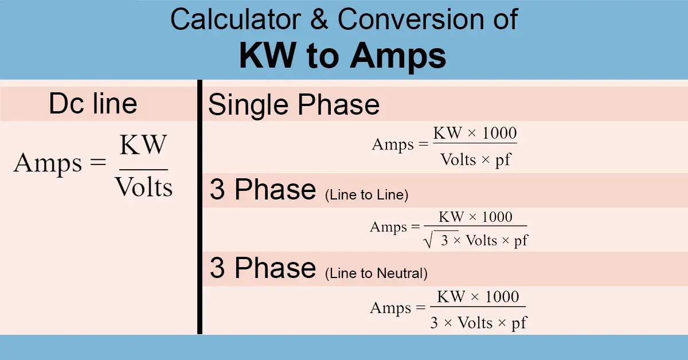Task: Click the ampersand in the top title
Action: point(319,21)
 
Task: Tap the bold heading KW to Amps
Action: point(343,56)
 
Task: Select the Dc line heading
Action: point(93,104)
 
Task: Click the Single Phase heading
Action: point(294,105)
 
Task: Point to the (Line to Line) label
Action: point(366,195)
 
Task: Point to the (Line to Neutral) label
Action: point(376,273)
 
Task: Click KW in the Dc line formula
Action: point(143,145)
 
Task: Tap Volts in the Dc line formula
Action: point(143,187)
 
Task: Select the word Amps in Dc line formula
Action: point(48,164)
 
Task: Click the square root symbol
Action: point(428,241)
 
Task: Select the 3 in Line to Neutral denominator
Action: point(435,323)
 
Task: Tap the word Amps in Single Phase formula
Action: point(393,144)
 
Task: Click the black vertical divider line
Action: point(200,206)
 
